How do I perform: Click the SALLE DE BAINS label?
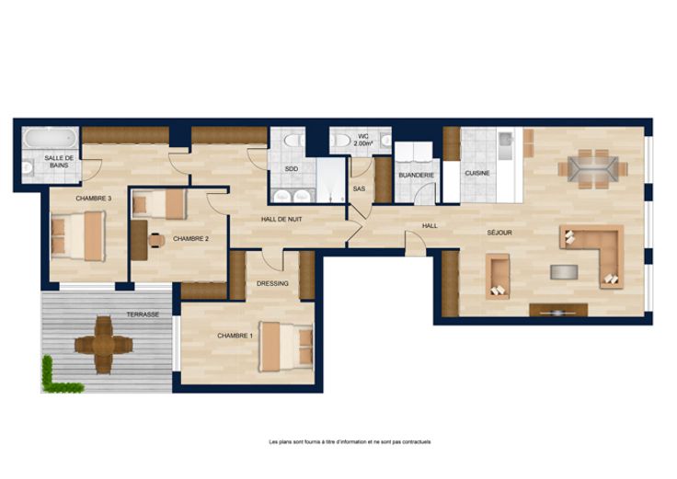pyautogui.click(x=59, y=162)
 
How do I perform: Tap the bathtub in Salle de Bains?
pyautogui.click(x=50, y=138)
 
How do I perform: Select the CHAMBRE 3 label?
pyautogui.click(x=94, y=199)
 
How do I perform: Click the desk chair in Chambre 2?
pyautogui.click(x=156, y=240)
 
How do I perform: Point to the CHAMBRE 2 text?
pyautogui.click(x=190, y=239)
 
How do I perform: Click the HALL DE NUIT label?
pyautogui.click(x=281, y=219)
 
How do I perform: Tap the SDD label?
pyautogui.click(x=292, y=169)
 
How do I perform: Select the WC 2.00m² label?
pyautogui.click(x=362, y=140)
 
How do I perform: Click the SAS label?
pyautogui.click(x=359, y=189)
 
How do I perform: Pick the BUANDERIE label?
pyautogui.click(x=416, y=176)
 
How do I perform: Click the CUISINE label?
pyautogui.click(x=477, y=173)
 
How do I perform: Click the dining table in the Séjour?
pyautogui.click(x=592, y=169)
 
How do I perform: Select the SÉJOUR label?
pyautogui.click(x=499, y=233)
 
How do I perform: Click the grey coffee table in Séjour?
pyautogui.click(x=564, y=272)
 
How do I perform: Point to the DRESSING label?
pyautogui.click(x=272, y=283)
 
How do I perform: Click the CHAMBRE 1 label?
pyautogui.click(x=235, y=336)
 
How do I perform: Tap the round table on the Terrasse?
pyautogui.click(x=104, y=345)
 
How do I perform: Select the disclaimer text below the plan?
pyautogui.click(x=350, y=442)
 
